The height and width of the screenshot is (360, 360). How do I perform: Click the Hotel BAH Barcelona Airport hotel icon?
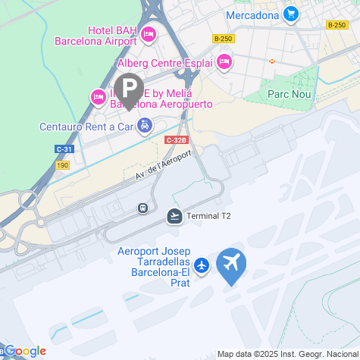click(x=149, y=33)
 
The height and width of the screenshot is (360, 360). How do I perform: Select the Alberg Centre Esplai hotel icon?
click(x=223, y=61)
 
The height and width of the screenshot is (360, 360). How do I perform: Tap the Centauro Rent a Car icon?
click(x=145, y=127)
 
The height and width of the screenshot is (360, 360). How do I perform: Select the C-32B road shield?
click(x=175, y=140)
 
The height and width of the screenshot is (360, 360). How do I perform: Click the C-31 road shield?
click(x=64, y=149)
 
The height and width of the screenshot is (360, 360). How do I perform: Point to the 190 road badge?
click(x=63, y=164)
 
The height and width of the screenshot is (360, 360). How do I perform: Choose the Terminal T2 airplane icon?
click(x=175, y=217)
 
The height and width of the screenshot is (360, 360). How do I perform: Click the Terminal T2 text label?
click(x=208, y=217)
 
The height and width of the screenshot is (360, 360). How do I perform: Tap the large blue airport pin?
click(x=231, y=265)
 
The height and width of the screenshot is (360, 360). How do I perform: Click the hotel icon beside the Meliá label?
click(x=98, y=96)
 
